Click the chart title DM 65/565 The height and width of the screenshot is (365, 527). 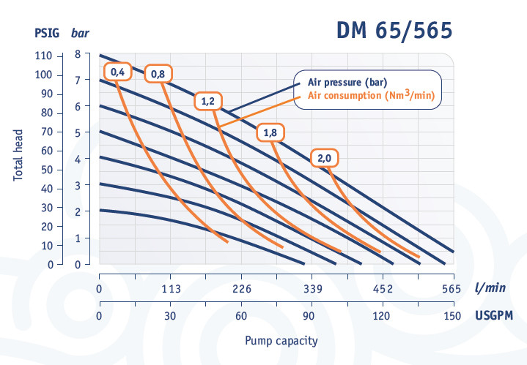pyautogui.click(x=394, y=31)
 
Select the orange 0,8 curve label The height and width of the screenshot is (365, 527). pyautogui.click(x=158, y=73)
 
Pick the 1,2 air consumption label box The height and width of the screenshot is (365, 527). pyautogui.click(x=207, y=102)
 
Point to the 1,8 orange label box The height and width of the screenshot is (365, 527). pyautogui.click(x=270, y=133)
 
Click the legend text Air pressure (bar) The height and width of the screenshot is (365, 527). pyautogui.click(x=347, y=82)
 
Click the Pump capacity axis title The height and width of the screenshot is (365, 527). pyautogui.click(x=281, y=341)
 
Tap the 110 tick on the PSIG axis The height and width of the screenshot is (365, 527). pyautogui.click(x=45, y=56)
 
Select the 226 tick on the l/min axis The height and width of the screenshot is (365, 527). pyautogui.click(x=241, y=288)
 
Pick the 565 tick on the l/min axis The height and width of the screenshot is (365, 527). pyautogui.click(x=451, y=288)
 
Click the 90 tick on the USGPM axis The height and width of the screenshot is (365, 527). pyautogui.click(x=309, y=316)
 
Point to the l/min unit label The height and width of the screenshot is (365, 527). pyautogui.click(x=490, y=288)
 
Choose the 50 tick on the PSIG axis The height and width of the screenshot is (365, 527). pyautogui.click(x=47, y=170)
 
